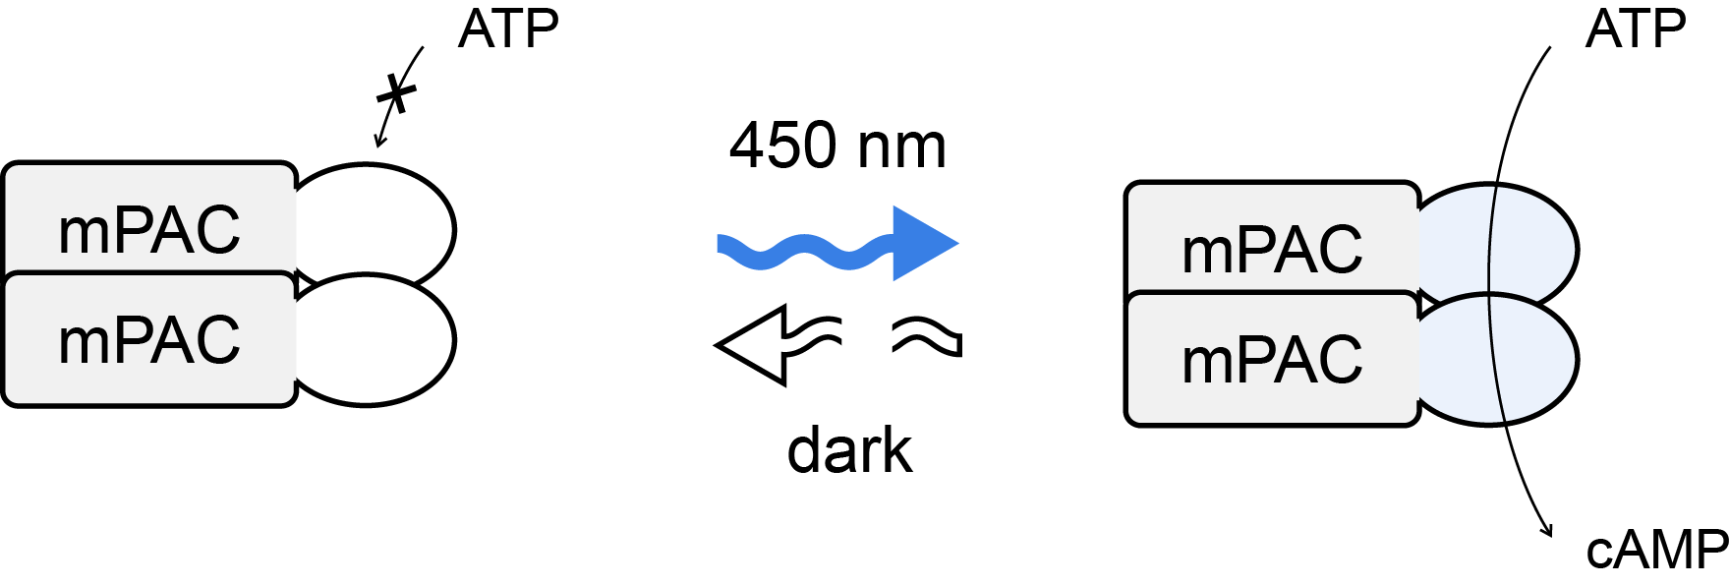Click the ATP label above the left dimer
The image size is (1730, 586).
[x=508, y=29]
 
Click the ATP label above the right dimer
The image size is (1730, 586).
[x=1636, y=29]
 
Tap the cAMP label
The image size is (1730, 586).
[x=1657, y=551]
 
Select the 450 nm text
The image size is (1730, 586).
[x=837, y=146]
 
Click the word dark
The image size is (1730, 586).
[x=850, y=450]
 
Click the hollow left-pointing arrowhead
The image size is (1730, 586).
[x=752, y=345]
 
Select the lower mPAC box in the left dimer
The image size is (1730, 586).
[x=149, y=339]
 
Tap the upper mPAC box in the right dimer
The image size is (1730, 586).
[x=1273, y=238]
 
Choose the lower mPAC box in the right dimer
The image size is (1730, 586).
[x=1273, y=359]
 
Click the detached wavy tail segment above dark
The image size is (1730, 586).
[x=927, y=336]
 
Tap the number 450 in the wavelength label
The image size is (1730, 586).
[x=782, y=146]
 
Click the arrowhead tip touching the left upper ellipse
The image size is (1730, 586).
[x=376, y=147]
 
